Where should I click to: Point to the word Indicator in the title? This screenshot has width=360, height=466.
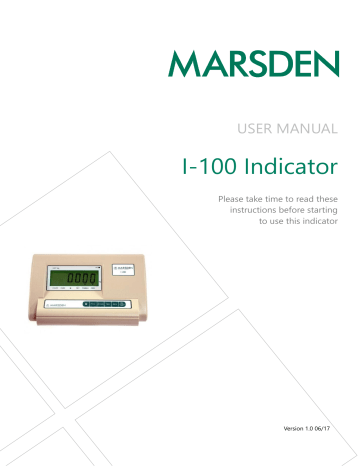pyautogui.click(x=291, y=161)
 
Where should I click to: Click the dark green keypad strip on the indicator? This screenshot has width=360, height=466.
pyautogui.click(x=106, y=301)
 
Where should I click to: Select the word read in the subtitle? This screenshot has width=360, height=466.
pyautogui.click(x=306, y=199)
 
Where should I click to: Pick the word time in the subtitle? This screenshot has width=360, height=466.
pyautogui.click(x=270, y=199)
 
